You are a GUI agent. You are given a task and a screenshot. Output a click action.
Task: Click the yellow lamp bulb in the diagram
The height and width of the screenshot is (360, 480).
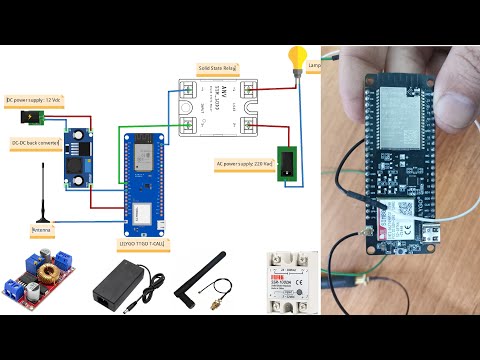296,56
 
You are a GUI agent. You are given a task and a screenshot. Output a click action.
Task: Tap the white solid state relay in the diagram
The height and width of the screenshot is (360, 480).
216,108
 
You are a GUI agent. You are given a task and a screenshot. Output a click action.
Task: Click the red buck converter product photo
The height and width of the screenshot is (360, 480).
40,282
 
